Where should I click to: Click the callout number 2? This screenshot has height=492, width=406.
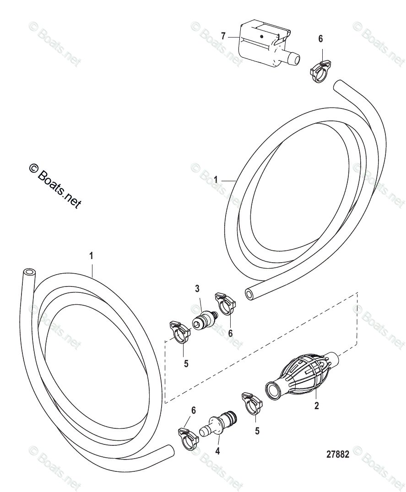pyautogui.click(x=316, y=405)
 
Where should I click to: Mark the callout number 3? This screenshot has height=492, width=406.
pyautogui.click(x=197, y=288)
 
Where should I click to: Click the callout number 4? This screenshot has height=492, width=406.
pyautogui.click(x=217, y=451)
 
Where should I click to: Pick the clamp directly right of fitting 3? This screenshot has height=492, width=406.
pyautogui.click(x=225, y=304)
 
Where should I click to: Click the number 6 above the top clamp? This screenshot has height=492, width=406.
pyautogui.click(x=320, y=39)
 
